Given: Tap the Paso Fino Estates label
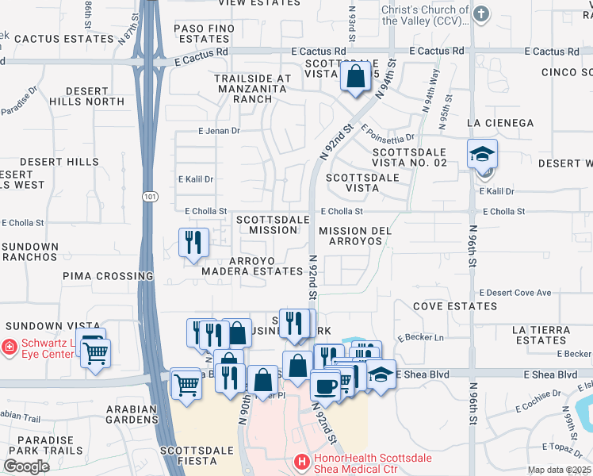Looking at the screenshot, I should point(201,33).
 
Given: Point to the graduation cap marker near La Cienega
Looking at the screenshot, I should point(482,155).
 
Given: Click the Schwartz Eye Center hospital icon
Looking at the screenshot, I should point(8,347).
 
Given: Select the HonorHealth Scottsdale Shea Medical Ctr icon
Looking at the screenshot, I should point(300,460).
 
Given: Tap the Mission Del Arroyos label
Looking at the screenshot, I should point(356,236).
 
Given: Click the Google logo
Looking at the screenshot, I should point(26,466).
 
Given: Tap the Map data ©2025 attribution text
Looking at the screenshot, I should point(559,470).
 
